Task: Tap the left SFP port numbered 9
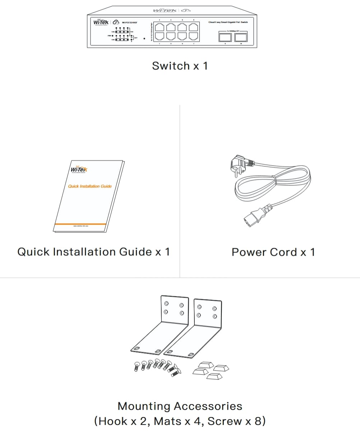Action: [225, 37]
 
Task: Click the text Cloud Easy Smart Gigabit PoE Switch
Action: [228, 22]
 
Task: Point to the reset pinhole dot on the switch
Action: [144, 38]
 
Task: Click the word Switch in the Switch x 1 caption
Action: [171, 66]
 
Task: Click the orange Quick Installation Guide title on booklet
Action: [90, 186]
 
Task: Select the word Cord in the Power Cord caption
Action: [283, 252]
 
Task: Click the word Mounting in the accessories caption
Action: [144, 406]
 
